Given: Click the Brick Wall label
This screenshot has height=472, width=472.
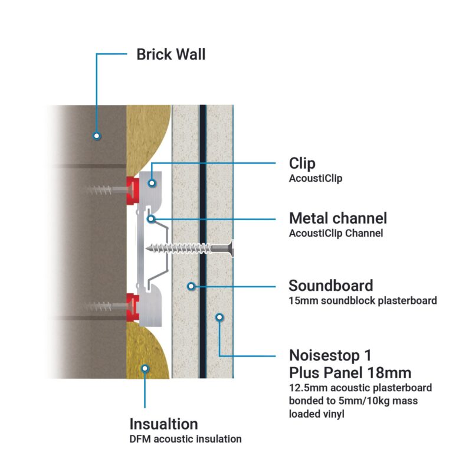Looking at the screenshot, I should [x=171, y=55].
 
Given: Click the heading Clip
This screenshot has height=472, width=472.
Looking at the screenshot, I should [x=302, y=163].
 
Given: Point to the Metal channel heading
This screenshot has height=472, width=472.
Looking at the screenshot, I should [x=337, y=218].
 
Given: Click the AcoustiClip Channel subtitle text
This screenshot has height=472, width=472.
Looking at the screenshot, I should [x=336, y=233].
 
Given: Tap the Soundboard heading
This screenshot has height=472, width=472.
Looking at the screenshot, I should [x=330, y=286].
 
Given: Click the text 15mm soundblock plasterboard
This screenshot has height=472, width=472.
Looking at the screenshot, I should [x=362, y=301].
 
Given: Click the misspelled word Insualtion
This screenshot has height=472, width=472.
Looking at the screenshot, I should [x=163, y=424].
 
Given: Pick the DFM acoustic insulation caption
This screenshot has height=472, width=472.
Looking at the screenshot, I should [x=185, y=439].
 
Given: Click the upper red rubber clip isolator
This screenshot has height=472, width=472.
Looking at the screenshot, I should [x=132, y=186].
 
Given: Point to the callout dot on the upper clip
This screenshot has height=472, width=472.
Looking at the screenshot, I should [x=152, y=183].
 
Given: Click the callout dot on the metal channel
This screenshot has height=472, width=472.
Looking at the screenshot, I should [x=152, y=218].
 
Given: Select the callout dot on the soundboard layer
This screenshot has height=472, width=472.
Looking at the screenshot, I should [x=191, y=286].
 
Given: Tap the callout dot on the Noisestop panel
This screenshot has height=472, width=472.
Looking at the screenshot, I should [x=219, y=317].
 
